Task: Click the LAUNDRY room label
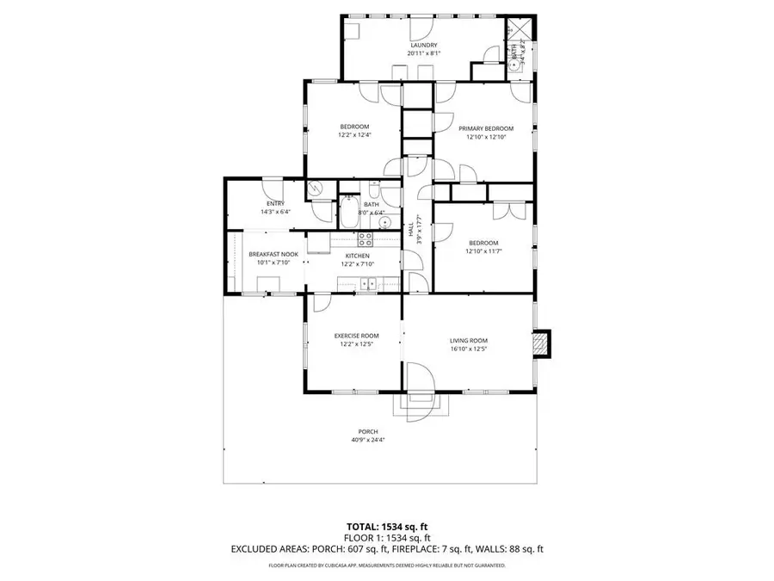tap(424, 46)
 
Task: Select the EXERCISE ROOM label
tap(356, 336)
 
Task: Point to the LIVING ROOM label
tap(468, 341)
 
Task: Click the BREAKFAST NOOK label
tap(273, 255)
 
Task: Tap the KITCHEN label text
tap(358, 256)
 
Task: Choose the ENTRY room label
tap(275, 203)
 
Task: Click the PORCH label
tap(368, 431)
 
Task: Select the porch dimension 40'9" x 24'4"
tap(368, 440)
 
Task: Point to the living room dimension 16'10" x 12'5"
tap(468, 349)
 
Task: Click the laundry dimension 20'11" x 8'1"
tap(424, 53)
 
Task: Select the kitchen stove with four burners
tap(364, 239)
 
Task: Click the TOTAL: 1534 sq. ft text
tap(386, 526)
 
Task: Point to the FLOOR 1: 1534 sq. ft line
tap(386, 537)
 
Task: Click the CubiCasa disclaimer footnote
tap(386, 566)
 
